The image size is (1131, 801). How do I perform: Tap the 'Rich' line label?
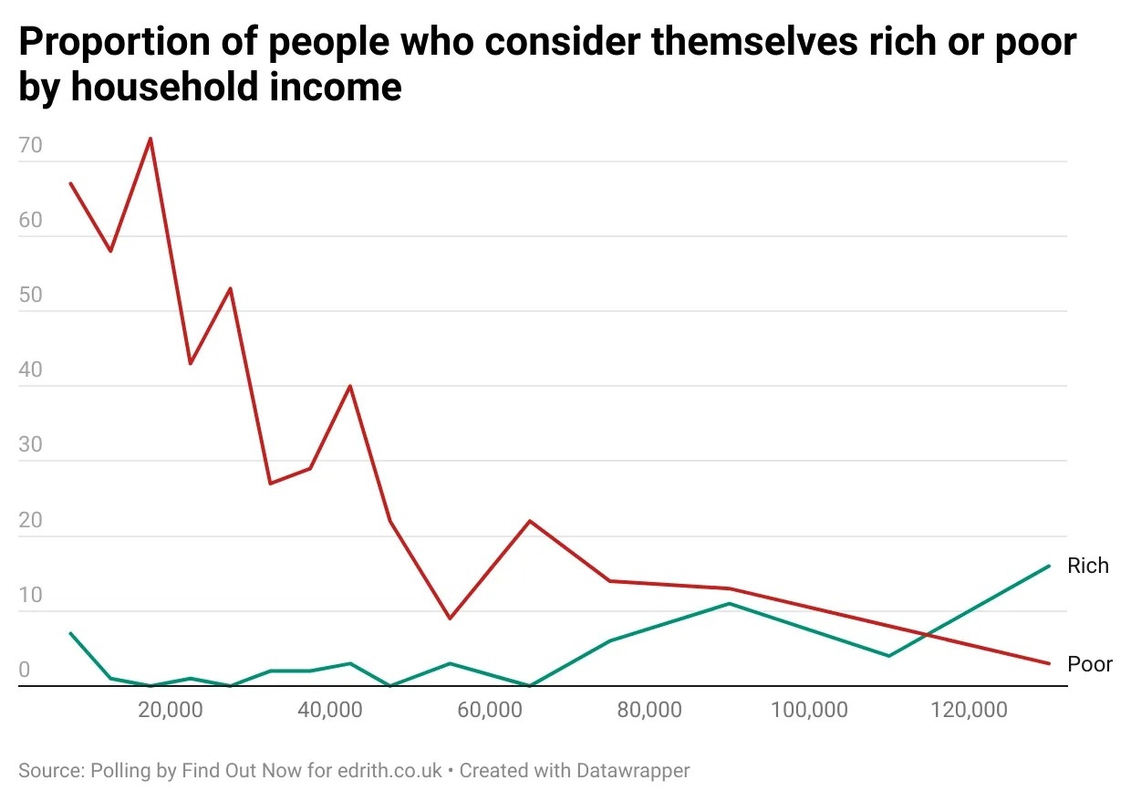click(1087, 566)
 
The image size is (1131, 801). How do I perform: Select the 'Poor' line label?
click(1089, 663)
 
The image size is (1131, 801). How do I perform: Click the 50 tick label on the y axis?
click(30, 296)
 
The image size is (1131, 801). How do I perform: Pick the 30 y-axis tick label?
click(30, 445)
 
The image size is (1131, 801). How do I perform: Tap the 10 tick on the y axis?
click(30, 595)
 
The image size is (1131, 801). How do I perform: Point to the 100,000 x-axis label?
click(809, 710)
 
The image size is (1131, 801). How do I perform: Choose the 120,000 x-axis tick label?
click(969, 710)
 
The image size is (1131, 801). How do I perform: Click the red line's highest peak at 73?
click(150, 139)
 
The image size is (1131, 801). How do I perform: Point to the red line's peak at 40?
click(350, 386)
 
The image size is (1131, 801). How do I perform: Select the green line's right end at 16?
click(1049, 566)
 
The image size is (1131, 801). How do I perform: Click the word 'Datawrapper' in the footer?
click(632, 770)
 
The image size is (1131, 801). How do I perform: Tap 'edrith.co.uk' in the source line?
click(389, 770)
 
